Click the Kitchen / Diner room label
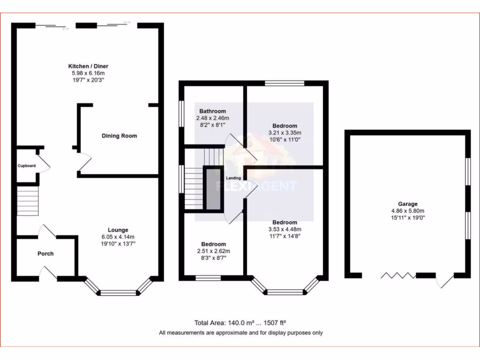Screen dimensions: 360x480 (x=88, y=66)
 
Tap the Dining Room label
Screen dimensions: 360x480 (x=120, y=136)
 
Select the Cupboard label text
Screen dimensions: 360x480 (x=26, y=166)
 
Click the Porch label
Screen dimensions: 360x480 (x=45, y=254)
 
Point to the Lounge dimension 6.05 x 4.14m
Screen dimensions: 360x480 (x=118, y=237)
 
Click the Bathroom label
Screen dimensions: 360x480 (x=213, y=111)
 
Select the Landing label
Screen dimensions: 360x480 (x=233, y=178)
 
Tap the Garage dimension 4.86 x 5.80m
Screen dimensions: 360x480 (x=408, y=211)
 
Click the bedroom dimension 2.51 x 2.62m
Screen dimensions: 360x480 (x=213, y=251)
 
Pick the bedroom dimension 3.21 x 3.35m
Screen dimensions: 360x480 (x=285, y=133)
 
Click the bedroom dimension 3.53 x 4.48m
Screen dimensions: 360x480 (x=285, y=229)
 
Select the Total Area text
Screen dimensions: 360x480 (x=240, y=323)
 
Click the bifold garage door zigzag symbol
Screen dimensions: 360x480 (x=398, y=275)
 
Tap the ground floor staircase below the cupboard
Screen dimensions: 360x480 (x=27, y=201)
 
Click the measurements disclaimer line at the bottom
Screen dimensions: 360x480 (x=240, y=333)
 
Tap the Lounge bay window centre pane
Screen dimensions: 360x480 (x=118, y=293)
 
